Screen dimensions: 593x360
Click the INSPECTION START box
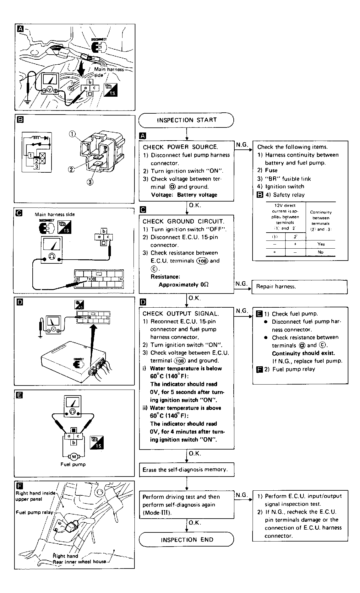(187, 120)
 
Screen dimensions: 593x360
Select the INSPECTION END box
(187, 540)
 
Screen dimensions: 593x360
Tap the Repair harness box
(299, 287)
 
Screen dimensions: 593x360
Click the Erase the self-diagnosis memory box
(187, 470)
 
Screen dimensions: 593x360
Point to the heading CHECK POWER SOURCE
(180, 147)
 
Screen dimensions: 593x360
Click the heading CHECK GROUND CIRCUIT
(183, 221)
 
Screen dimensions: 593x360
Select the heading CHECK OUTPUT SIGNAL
(181, 313)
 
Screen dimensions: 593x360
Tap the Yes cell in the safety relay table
(321, 244)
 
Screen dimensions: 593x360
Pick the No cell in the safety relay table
(321, 252)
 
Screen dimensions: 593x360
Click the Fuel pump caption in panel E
(73, 464)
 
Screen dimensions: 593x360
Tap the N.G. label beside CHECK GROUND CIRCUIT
(242, 283)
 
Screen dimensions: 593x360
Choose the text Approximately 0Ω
(183, 285)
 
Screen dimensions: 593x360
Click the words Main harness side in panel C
(55, 214)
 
